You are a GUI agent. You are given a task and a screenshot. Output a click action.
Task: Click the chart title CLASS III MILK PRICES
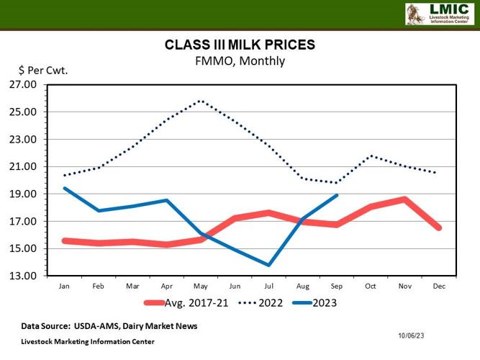click(240, 45)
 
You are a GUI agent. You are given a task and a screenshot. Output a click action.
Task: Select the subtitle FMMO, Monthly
click(240, 61)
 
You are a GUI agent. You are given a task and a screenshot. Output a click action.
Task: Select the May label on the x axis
click(201, 287)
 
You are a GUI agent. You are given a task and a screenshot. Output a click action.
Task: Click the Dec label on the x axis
click(439, 287)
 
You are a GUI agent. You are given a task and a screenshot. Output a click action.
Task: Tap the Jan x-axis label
click(64, 287)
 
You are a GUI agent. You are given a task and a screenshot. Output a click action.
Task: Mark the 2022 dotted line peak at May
click(201, 101)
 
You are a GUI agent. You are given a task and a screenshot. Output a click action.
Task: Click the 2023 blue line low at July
click(269, 265)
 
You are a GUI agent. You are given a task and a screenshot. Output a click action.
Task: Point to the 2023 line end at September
click(337, 195)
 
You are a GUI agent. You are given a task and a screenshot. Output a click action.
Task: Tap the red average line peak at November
click(405, 199)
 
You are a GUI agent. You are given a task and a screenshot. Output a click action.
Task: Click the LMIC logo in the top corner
click(438, 14)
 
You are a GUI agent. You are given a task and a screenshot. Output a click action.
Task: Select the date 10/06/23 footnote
click(412, 336)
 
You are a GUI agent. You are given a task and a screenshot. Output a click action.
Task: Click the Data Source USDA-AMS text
click(109, 326)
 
